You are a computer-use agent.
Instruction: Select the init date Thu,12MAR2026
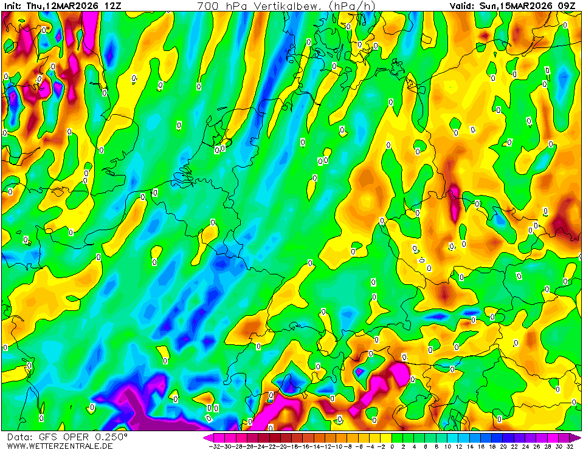61,5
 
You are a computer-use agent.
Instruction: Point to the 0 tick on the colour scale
392,446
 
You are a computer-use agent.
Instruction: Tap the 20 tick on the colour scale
503,446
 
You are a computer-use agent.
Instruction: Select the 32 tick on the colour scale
570,446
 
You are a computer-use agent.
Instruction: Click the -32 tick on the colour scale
213,446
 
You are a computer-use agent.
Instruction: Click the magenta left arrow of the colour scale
207,437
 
